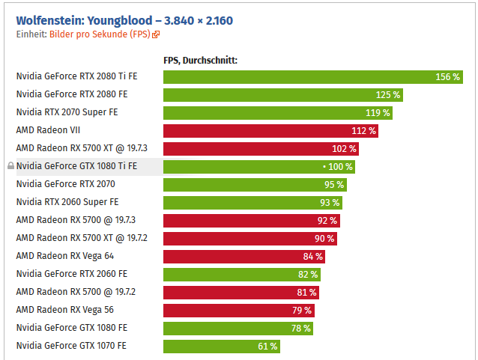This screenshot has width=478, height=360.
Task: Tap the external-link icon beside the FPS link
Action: (x=156, y=34)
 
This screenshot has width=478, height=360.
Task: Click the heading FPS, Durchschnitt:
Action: (x=200, y=61)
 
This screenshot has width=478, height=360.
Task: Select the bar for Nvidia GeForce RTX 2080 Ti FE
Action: (x=300, y=76)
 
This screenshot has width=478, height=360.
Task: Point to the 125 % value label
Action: (x=388, y=95)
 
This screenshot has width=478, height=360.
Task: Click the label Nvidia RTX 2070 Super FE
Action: (x=67, y=112)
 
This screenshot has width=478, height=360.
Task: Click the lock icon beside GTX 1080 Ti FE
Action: (x=10, y=166)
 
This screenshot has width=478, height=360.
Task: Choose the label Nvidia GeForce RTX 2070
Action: (x=66, y=184)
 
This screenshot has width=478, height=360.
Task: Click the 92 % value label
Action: (x=327, y=220)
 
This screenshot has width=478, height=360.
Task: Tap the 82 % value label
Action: (x=307, y=274)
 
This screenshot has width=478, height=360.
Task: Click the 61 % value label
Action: (x=267, y=346)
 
